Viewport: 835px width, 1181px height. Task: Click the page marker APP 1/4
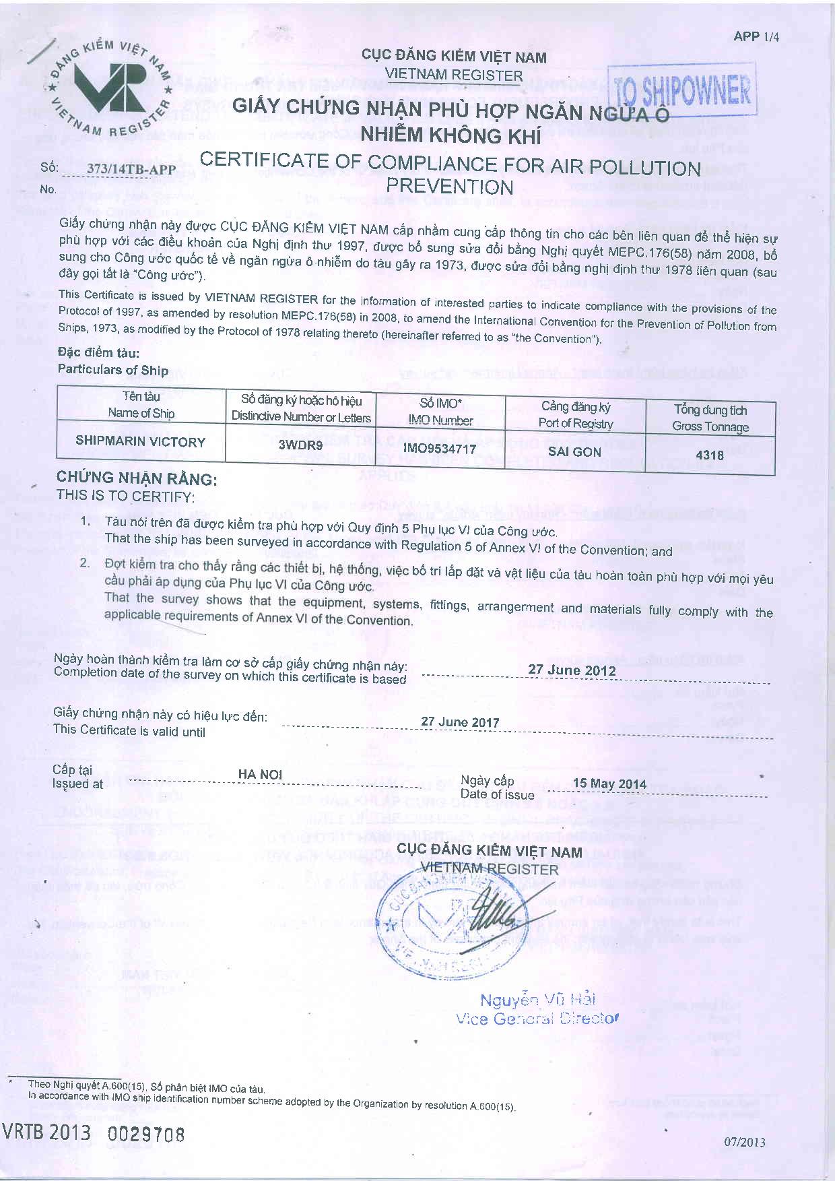756,36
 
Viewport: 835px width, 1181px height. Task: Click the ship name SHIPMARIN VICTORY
140,442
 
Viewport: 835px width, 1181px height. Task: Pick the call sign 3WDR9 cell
300,445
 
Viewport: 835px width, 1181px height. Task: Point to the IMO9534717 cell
439,449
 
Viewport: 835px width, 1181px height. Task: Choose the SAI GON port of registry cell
574,451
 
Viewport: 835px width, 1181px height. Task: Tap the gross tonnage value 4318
710,455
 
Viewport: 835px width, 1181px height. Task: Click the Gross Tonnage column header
710,418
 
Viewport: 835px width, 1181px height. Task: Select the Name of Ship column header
141,404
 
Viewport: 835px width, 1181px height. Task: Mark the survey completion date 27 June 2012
572,670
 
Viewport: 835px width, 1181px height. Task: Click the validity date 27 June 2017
460,722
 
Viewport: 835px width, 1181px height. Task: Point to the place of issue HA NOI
260,775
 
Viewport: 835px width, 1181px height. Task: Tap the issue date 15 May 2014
609,784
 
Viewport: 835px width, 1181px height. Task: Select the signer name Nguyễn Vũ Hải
537,1000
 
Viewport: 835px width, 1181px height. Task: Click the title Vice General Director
536,1019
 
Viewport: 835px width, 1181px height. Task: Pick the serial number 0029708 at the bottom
146,1134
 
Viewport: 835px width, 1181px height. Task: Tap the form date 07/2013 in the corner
745,1142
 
